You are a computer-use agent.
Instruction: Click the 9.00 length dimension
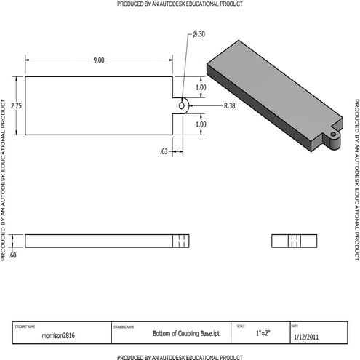click(x=98, y=60)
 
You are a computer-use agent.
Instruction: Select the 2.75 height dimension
click(x=16, y=105)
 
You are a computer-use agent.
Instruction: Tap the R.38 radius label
click(x=229, y=106)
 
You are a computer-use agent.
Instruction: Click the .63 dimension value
click(x=164, y=151)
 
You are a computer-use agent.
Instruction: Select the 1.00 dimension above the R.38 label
click(x=201, y=87)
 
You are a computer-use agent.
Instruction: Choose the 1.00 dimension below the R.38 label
click(x=201, y=124)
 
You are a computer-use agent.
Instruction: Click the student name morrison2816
click(x=58, y=335)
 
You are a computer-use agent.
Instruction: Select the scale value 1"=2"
click(x=263, y=333)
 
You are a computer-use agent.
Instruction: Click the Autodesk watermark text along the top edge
click(x=180, y=4)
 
